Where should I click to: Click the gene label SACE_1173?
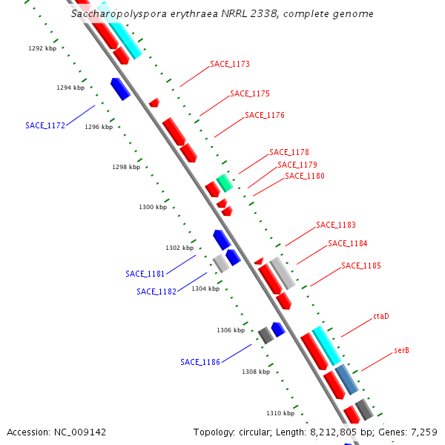230,65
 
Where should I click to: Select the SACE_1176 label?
265,116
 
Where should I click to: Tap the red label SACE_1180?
305,177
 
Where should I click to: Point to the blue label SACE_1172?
45,125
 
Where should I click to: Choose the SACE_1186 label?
200,362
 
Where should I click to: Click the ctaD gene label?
381,317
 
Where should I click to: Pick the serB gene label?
402,350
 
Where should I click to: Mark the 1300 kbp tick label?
153,207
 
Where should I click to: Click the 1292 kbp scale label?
42,48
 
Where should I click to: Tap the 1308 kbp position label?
256,372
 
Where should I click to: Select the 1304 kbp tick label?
205,289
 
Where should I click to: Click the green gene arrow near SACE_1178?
224,182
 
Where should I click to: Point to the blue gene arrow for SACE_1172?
120,88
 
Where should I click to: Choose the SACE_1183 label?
336,225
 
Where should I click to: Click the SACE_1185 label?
361,266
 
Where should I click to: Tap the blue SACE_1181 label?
145,274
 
